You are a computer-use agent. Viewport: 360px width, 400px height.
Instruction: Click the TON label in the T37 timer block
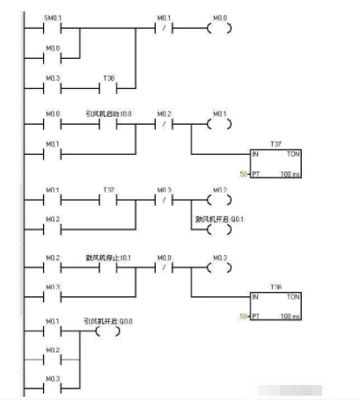(292, 153)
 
